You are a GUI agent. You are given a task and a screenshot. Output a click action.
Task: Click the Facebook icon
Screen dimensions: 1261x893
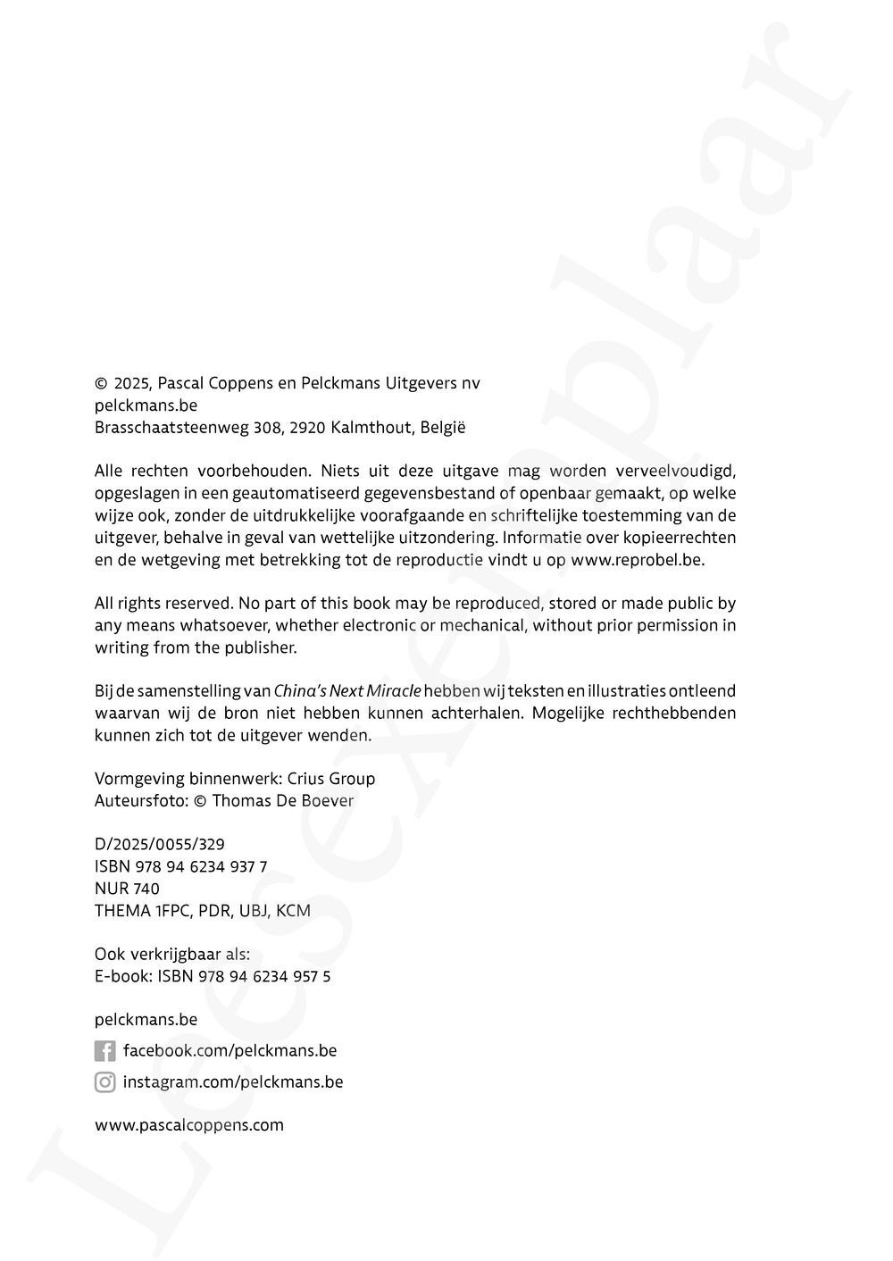tap(104, 1051)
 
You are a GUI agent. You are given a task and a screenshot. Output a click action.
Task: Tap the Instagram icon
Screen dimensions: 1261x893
tap(104, 1082)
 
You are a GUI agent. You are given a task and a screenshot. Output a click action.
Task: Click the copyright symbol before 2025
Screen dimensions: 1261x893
tap(101, 384)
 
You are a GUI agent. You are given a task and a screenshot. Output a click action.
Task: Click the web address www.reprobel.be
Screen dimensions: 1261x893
tap(638, 560)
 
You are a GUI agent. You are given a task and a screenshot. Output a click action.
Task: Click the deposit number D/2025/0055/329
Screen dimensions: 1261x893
tap(160, 844)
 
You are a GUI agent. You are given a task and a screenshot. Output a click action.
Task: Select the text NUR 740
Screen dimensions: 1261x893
tap(127, 889)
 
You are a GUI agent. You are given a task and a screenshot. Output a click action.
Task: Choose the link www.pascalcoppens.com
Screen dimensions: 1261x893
tap(189, 1125)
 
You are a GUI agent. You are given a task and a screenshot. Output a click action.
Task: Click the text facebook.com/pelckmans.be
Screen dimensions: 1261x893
tap(230, 1051)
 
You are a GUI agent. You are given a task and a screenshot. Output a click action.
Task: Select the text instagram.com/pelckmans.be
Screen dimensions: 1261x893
tap(233, 1082)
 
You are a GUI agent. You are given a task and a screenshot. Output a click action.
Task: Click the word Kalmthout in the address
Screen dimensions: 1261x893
tap(371, 428)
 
